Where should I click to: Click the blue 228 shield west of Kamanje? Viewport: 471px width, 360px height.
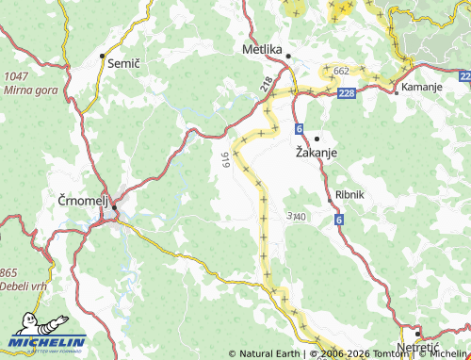(x=347, y=92)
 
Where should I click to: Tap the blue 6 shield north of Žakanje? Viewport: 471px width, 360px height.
(x=300, y=126)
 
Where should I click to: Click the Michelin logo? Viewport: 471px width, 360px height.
(x=46, y=340)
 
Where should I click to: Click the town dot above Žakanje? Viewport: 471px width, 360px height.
(x=317, y=138)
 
